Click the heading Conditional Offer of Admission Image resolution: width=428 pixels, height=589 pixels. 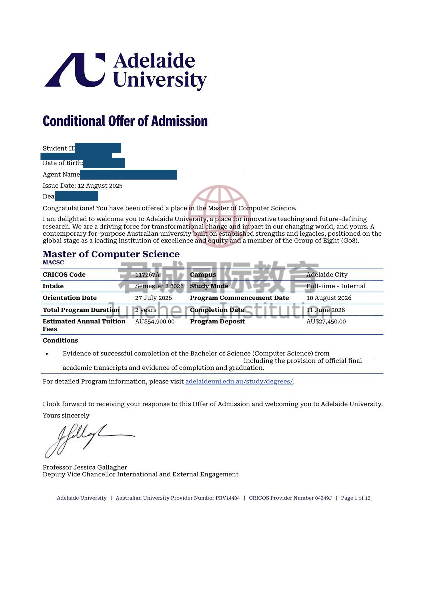pos(125,121)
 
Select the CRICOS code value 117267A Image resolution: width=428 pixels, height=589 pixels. pos(147,275)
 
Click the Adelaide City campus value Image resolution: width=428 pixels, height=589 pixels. pos(327,275)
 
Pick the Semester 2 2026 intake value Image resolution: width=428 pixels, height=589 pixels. pos(159,286)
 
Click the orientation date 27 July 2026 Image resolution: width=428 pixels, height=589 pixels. pos(153,298)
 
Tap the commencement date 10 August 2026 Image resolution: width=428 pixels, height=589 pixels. pos(329,298)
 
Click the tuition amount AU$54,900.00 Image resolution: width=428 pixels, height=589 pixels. pos(155,322)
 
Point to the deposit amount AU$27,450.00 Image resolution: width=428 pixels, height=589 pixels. pos(326,322)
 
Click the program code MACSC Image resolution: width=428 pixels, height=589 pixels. pos(53,263)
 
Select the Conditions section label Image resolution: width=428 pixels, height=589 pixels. pos(60,340)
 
